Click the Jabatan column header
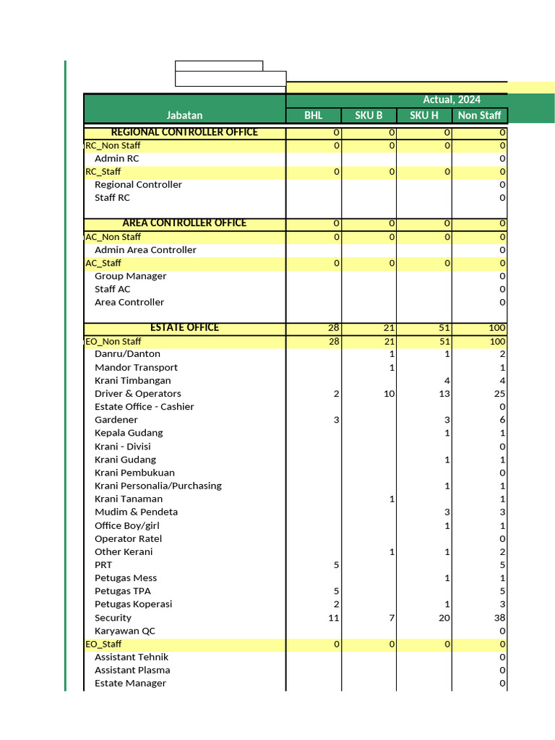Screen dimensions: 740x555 [x=184, y=116]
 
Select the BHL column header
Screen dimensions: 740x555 [x=314, y=116]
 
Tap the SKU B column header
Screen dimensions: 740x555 [x=369, y=116]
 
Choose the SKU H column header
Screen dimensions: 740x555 [x=424, y=116]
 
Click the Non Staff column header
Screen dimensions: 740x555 [x=479, y=116]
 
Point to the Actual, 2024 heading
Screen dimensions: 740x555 [x=452, y=100]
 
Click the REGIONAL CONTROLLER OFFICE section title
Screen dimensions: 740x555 [x=184, y=132]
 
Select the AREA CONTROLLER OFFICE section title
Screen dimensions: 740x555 [x=184, y=223]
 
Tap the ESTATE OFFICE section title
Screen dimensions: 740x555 [x=184, y=328]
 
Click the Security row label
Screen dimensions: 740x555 [x=113, y=618]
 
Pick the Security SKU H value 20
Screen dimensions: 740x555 [x=444, y=618]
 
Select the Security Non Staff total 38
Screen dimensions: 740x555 [x=499, y=618]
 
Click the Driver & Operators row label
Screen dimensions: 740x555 [x=137, y=394]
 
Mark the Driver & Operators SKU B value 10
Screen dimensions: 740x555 [x=389, y=394]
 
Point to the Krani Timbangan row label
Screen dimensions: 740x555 [x=132, y=381]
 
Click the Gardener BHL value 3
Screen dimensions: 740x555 [x=336, y=420]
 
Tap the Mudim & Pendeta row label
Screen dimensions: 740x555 [x=136, y=512]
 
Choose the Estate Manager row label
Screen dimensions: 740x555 [x=130, y=684]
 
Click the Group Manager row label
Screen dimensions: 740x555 [x=130, y=276]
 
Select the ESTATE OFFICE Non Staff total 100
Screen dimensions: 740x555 [x=496, y=328]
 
